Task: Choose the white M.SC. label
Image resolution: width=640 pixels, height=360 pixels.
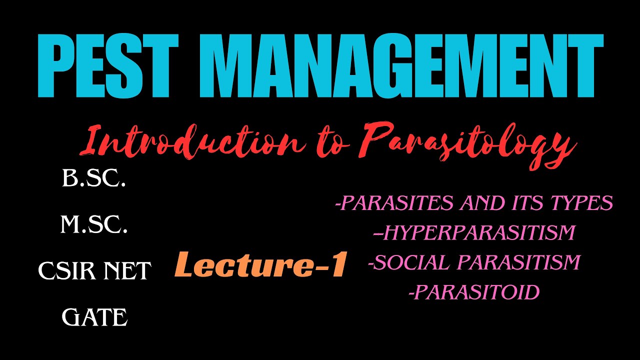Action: tap(94, 225)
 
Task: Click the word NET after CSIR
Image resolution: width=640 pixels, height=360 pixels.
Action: tap(127, 271)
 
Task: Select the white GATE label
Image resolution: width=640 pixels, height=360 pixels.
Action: tap(94, 317)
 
